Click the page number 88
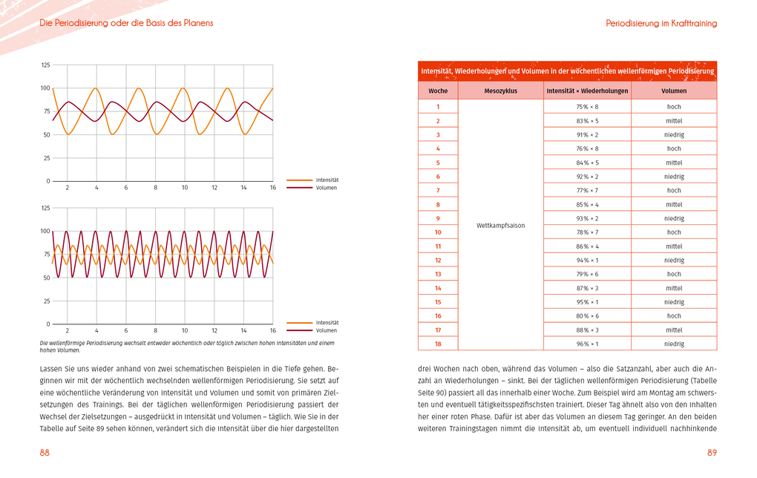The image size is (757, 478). click(45, 453)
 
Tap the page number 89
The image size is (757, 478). click(712, 453)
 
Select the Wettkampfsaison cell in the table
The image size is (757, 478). click(500, 226)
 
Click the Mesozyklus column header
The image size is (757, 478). click(500, 91)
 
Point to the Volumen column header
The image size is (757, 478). click(674, 91)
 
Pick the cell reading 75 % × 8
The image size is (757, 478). click(587, 107)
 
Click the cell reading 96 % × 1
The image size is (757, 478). click(587, 344)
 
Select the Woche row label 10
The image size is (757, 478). click(438, 232)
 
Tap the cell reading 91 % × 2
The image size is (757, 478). click(587, 135)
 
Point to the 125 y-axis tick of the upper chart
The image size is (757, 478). click(45, 65)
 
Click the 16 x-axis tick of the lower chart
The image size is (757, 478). click(272, 330)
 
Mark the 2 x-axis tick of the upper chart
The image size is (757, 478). click(68, 188)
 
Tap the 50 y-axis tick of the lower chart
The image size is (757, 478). click(47, 278)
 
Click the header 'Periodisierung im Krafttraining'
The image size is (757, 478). click(661, 24)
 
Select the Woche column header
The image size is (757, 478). click(438, 91)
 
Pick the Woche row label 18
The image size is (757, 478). click(438, 344)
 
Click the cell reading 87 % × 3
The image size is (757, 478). click(587, 288)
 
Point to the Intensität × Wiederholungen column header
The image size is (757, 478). click(587, 91)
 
